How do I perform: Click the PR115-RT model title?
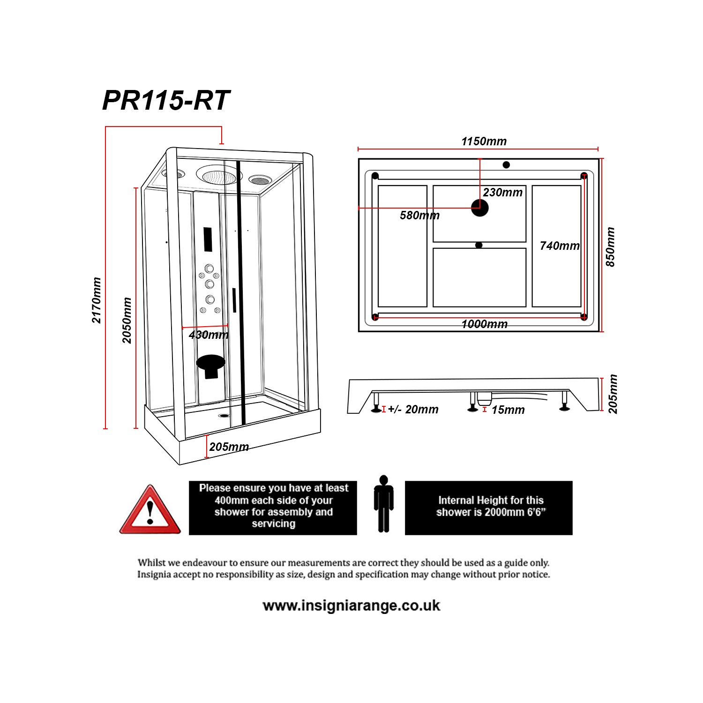pos(166,100)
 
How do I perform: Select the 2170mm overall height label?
pos(97,300)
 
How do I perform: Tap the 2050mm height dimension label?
pos(127,320)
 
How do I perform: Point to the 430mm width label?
pos(209,335)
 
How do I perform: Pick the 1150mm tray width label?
pos(484,141)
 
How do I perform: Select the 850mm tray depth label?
pos(610,247)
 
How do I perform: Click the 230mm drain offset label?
pos(502,192)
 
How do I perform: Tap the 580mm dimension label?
pos(419,216)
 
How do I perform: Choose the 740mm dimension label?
pos(559,246)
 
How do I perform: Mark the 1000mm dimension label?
pos(484,324)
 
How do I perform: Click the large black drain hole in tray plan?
pos(479,208)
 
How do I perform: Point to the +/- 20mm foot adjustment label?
pos(413,409)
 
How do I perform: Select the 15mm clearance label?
pos(508,410)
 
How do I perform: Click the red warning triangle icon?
pos(150,511)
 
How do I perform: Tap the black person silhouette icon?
pos(383,504)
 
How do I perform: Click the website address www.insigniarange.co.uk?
pos(351,606)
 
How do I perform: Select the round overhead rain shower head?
pos(218,176)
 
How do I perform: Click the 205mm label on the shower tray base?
pos(229,447)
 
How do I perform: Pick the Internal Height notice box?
pos(488,508)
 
